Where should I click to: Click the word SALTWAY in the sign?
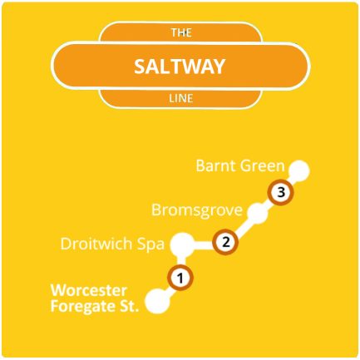tap(180, 67)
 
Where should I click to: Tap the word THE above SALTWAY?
tap(180, 33)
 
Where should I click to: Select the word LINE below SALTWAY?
tap(180, 100)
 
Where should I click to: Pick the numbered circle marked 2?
tap(224, 243)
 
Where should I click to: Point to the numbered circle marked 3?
tap(282, 193)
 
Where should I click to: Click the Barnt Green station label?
tap(240, 165)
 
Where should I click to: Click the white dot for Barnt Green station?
tap(299, 170)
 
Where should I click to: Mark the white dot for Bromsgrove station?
tap(258, 215)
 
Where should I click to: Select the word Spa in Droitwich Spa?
tap(148, 244)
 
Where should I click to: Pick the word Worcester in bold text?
tap(89, 291)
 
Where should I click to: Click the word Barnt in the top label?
tap(215, 165)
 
